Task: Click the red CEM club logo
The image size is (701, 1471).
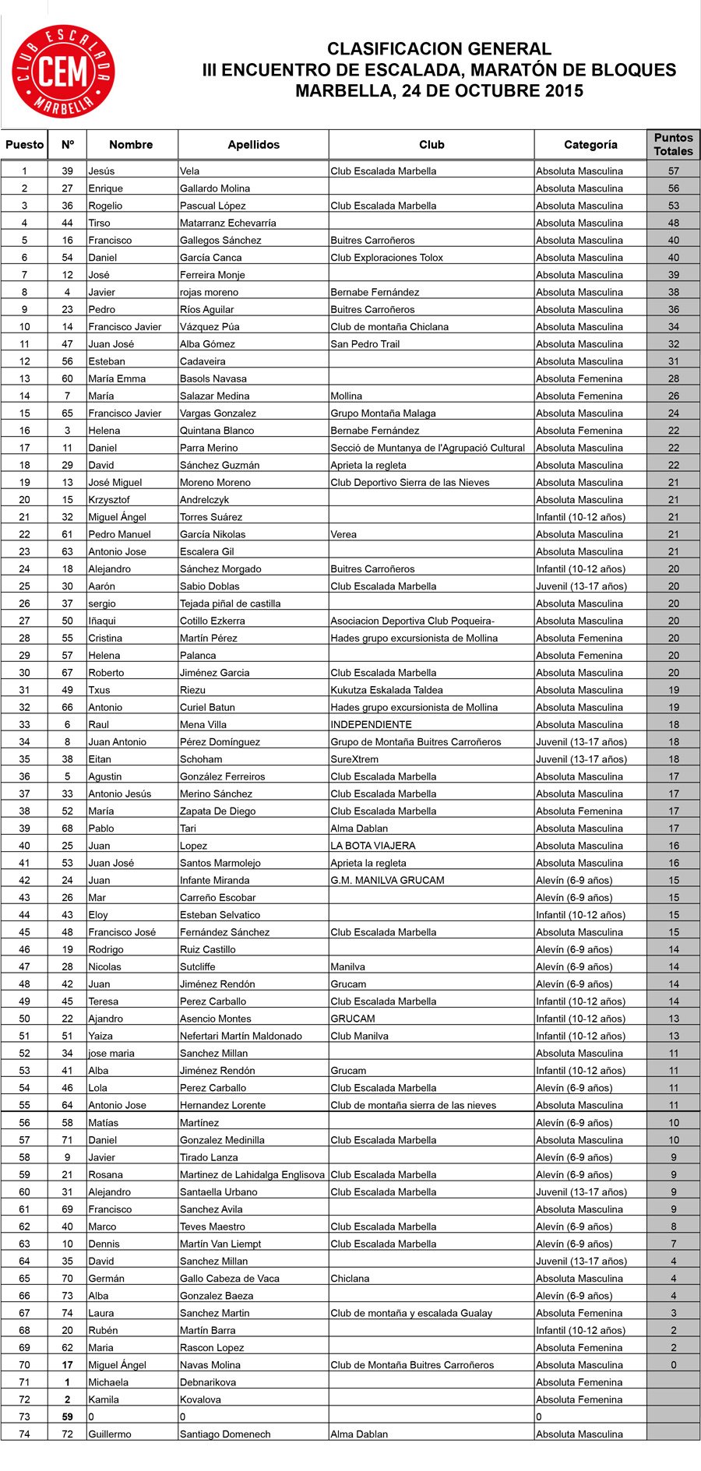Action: click(63, 72)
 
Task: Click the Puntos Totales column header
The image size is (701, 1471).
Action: click(673, 144)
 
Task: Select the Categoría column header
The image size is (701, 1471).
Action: click(590, 145)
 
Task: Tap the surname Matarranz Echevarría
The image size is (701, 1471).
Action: click(227, 223)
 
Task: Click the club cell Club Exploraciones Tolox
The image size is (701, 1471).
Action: click(386, 258)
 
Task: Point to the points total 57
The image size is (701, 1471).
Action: click(673, 171)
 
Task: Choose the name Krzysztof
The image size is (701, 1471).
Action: click(109, 500)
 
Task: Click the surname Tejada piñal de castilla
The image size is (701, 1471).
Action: click(230, 604)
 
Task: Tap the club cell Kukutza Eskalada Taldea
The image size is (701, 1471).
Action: click(386, 690)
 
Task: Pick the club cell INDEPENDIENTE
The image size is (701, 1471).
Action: click(371, 724)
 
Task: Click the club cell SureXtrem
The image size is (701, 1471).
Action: click(354, 759)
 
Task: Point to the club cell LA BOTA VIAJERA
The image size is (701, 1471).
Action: click(372, 846)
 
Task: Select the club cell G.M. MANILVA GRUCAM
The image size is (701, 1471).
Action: click(387, 880)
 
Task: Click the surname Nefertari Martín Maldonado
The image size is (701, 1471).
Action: click(241, 1036)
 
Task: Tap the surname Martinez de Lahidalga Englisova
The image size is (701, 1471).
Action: click(252, 1174)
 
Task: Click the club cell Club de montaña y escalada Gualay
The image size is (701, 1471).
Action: click(411, 1313)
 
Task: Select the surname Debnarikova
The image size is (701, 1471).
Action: click(208, 1382)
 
